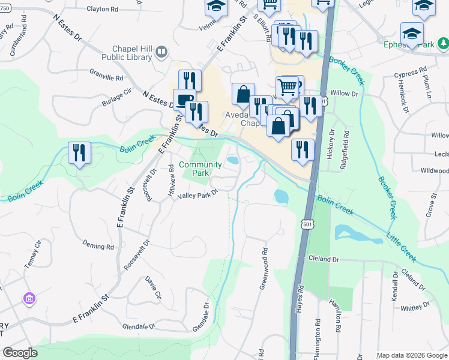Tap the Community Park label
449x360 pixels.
click(x=200, y=169)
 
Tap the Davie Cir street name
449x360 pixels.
click(x=154, y=287)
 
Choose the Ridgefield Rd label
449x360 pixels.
click(x=345, y=151)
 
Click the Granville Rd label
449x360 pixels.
click(x=106, y=78)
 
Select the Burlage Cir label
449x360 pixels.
click(x=116, y=98)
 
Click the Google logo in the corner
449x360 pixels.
click(x=20, y=352)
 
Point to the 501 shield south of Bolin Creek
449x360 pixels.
click(x=307, y=224)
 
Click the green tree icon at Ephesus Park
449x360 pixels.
click(x=442, y=43)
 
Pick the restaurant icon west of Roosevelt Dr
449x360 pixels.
click(x=79, y=152)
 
